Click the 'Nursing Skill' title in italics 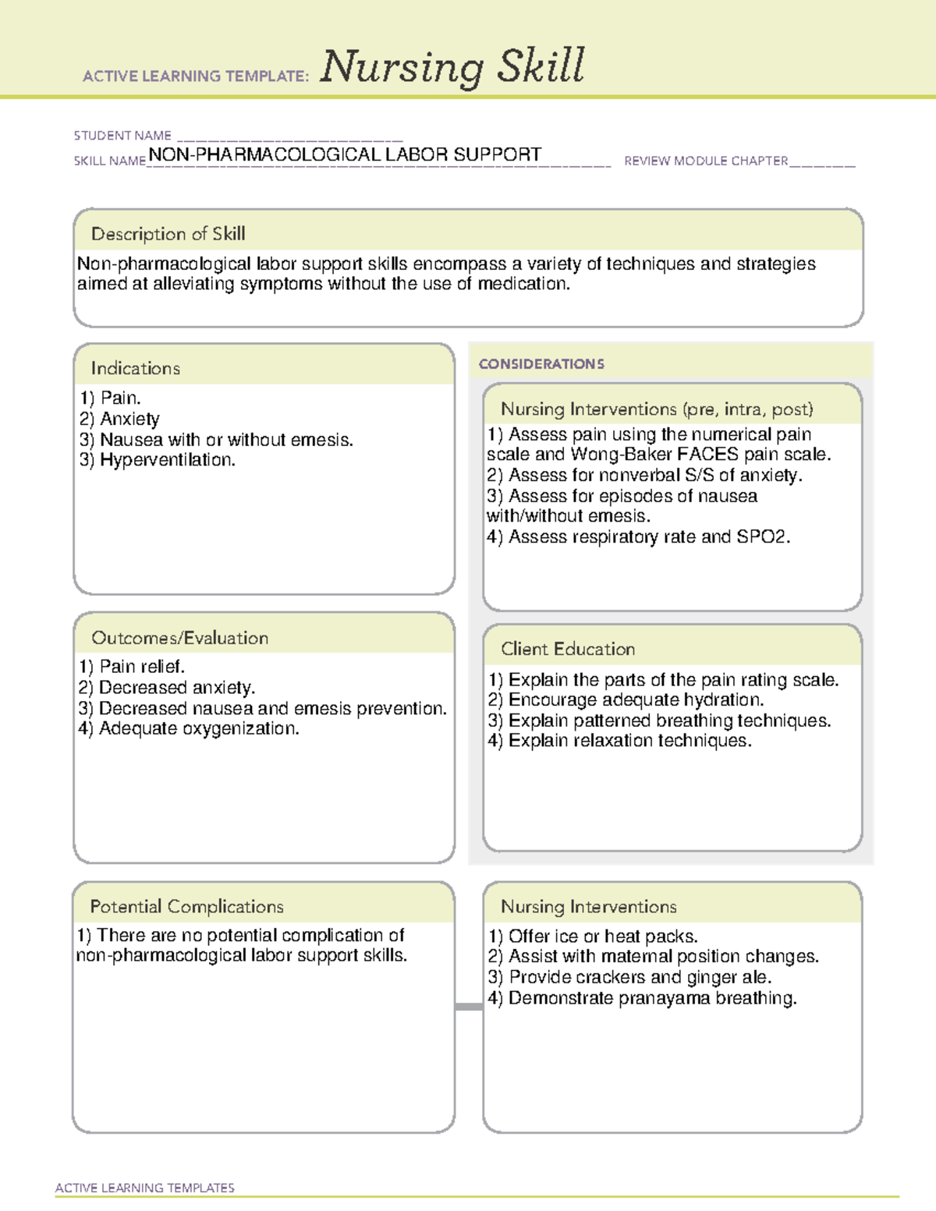pos(452,66)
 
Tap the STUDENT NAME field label pos(122,136)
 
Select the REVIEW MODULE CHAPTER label pos(706,161)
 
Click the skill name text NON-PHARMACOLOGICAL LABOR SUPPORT pos(345,154)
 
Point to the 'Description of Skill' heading pos(168,234)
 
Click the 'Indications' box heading pos(135,368)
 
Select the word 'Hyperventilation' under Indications pos(166,460)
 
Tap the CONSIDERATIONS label pos(541,364)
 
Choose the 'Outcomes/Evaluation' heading pos(179,638)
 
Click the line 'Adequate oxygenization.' pos(198,729)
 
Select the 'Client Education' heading pos(568,649)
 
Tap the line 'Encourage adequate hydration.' pos(635,700)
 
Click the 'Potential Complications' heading pos(186,907)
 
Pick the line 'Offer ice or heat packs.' pos(602,937)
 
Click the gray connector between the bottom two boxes pos(469,1007)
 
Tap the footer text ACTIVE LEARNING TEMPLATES pos(144,1188)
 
